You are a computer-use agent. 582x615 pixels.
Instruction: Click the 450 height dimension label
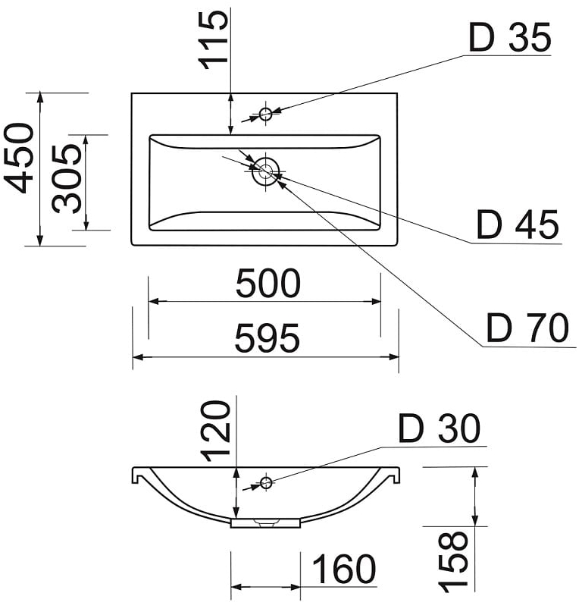click(x=19, y=158)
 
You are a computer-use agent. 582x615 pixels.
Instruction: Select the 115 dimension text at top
click(x=214, y=40)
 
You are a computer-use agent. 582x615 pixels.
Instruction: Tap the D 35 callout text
click(x=509, y=39)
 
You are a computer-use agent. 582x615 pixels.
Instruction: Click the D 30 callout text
click(x=439, y=430)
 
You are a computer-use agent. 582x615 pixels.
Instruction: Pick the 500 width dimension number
click(x=268, y=284)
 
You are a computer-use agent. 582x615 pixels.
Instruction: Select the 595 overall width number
click(x=267, y=339)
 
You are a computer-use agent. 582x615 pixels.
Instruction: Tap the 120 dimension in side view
click(x=216, y=431)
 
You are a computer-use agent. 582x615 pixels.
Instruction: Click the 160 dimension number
click(x=343, y=570)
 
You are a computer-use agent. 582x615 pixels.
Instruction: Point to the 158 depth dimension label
click(x=454, y=562)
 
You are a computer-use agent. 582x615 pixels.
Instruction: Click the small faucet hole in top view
click(x=266, y=114)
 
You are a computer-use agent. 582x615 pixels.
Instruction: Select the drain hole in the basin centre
click(x=265, y=171)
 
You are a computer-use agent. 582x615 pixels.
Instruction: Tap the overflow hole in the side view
click(x=266, y=482)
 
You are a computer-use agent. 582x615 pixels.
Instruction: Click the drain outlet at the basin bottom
click(x=266, y=522)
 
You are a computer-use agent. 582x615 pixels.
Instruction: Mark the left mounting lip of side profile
click(x=137, y=475)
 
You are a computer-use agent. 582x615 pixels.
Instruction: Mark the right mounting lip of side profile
click(x=394, y=475)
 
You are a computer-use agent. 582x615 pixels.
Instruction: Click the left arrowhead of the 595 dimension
click(x=137, y=356)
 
